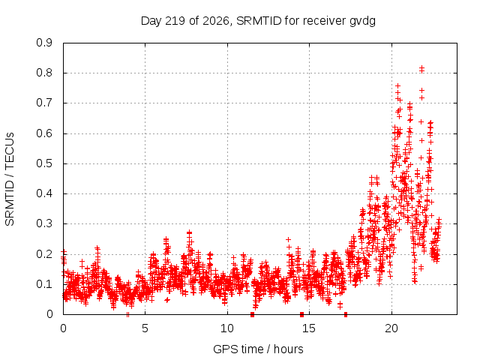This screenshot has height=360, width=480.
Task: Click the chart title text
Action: point(258,21)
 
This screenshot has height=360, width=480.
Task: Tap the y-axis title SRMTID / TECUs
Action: point(10,179)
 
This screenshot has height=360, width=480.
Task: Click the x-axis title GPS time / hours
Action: point(258,349)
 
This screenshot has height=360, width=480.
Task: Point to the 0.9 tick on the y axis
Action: point(44,43)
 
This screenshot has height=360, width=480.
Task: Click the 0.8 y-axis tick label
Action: point(44,73)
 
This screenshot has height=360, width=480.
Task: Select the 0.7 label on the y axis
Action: point(44,103)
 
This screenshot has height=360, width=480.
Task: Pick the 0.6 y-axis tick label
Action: point(44,133)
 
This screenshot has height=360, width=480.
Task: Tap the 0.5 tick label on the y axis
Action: point(44,163)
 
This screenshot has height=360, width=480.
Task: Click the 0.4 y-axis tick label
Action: point(44,193)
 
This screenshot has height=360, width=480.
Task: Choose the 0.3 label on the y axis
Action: point(44,223)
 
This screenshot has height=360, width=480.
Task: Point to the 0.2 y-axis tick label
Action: point(44,254)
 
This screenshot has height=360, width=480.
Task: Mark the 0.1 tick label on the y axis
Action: point(44,284)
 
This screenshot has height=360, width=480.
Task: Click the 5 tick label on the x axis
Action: point(145,328)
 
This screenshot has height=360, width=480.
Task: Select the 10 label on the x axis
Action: point(227,328)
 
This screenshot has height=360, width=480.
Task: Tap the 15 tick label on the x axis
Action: point(309,328)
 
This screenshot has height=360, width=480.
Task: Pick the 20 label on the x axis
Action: point(391,328)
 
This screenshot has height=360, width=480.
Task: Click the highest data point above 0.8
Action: point(421,67)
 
